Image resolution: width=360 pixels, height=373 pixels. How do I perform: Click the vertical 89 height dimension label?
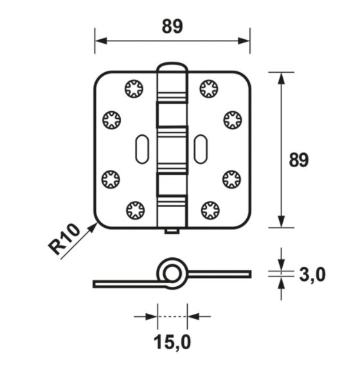(298, 159)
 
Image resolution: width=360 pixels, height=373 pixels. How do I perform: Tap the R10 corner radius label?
(64, 239)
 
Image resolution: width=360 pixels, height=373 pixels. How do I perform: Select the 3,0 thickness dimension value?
(312, 275)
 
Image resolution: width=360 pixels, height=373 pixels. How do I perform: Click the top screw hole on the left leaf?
(134, 88)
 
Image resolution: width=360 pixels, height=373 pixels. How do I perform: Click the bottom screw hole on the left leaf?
(135, 210)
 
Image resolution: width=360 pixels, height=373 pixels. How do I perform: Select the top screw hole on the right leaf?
(209, 88)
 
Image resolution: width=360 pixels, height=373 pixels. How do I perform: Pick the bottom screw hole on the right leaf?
(210, 210)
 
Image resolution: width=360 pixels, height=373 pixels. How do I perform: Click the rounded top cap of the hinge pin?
(172, 68)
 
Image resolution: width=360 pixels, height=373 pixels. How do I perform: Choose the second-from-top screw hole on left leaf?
(112, 119)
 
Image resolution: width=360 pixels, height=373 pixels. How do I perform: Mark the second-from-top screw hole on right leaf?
(232, 119)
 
